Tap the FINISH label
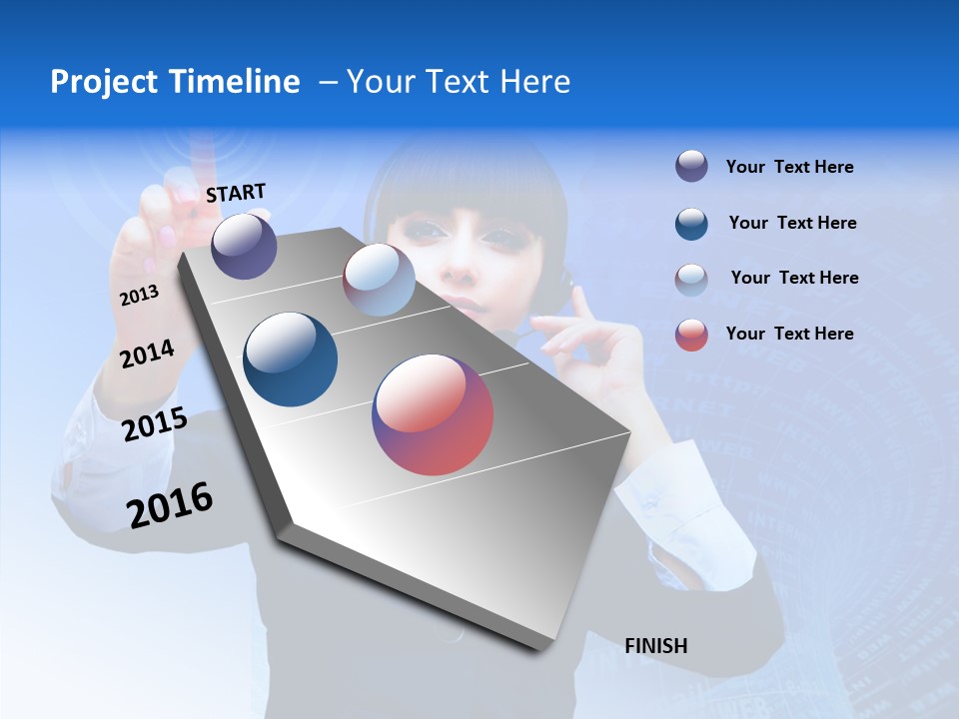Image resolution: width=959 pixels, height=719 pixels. pos(655,646)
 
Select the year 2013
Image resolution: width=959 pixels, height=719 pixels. pos(139,296)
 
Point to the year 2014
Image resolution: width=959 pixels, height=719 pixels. pos(147,355)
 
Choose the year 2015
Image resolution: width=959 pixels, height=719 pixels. pos(155,424)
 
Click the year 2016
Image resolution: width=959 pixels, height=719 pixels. pos(170,505)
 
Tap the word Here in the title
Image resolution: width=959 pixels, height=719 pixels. pos(534,82)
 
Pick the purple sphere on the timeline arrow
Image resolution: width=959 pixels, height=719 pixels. pos(245,246)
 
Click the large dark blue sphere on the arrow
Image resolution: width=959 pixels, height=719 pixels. pos(291,359)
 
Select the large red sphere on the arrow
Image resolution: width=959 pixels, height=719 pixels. pos(433,414)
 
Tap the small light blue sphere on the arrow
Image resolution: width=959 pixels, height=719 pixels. pos(379,280)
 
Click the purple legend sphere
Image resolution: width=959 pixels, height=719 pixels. pos(691,167)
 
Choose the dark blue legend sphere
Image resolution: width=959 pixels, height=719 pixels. pos(691,223)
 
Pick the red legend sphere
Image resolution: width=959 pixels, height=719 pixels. pos(691,334)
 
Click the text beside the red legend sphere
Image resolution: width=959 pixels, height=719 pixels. pos(789,334)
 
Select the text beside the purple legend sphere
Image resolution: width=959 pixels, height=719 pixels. pos(789,168)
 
